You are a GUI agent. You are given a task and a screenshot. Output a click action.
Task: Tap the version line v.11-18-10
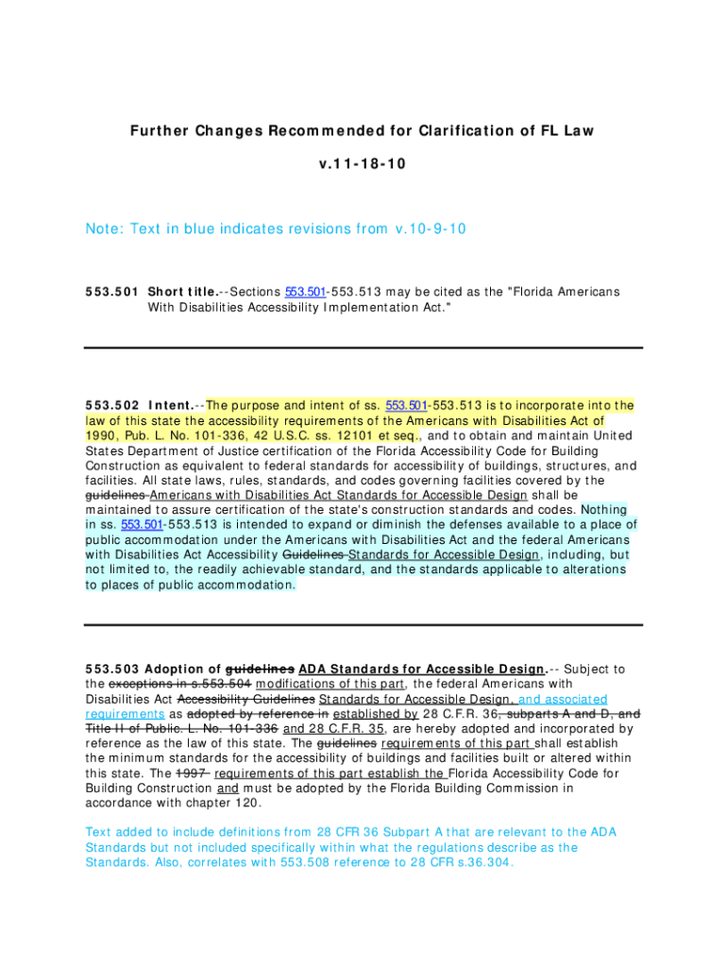coord(363,163)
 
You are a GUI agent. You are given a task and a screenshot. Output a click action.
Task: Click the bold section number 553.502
coord(112,405)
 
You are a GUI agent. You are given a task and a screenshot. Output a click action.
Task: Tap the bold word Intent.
coord(171,405)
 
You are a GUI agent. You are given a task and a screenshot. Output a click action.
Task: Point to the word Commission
coord(539,789)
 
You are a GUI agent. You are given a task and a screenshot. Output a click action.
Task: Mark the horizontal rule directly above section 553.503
coord(363,624)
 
